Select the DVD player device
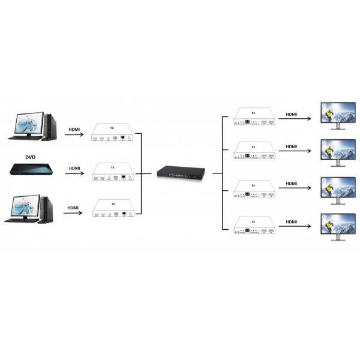click(x=30, y=169)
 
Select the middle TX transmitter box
click(x=112, y=172)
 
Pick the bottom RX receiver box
click(x=254, y=226)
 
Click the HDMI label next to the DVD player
click(x=74, y=169)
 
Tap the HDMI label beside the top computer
click(x=74, y=129)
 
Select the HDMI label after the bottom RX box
click(x=292, y=222)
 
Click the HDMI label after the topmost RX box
click(x=292, y=113)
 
